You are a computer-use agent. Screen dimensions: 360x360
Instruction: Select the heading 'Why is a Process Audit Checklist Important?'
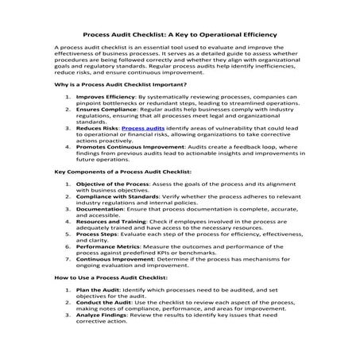[x=120, y=83]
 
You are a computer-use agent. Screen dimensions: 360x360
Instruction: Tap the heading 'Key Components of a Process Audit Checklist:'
[x=122, y=193]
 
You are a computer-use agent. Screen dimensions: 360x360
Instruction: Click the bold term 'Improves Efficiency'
[x=106, y=98]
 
